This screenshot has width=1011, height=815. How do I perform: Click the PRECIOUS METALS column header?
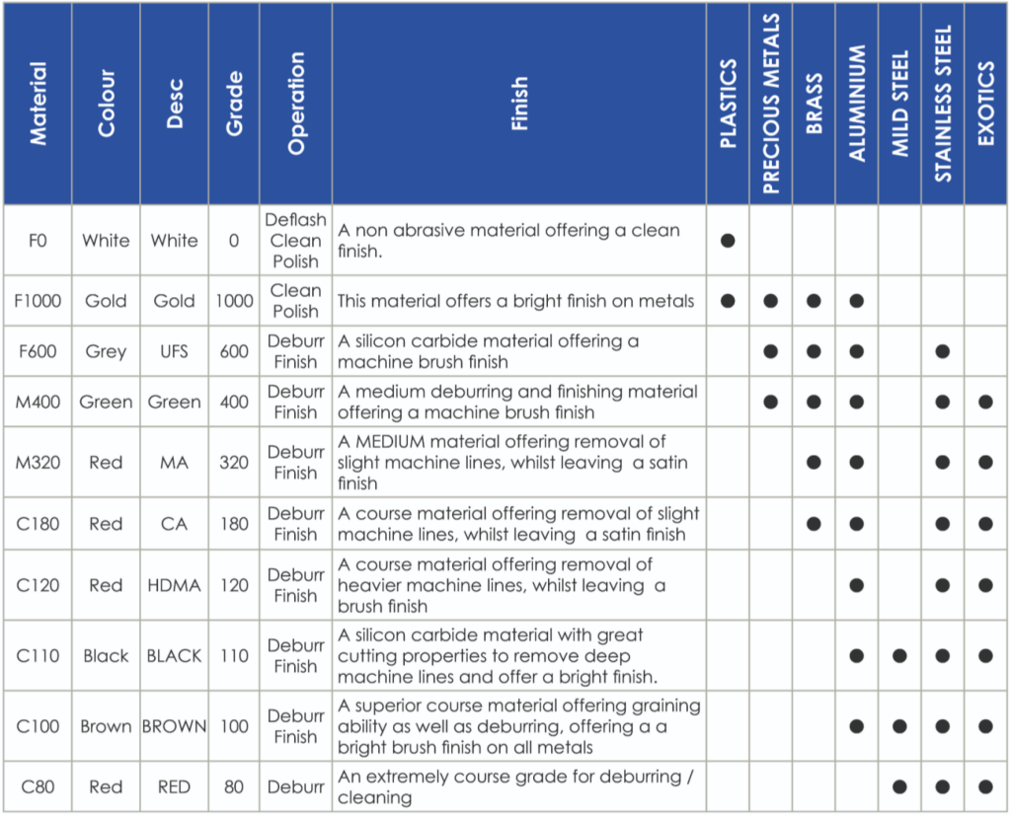pyautogui.click(x=771, y=104)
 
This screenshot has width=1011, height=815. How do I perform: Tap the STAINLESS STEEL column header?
pyautogui.click(x=943, y=104)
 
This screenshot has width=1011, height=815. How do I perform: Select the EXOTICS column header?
pyautogui.click(x=986, y=104)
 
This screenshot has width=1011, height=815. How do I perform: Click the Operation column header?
pyautogui.click(x=296, y=104)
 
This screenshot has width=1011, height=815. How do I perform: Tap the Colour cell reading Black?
pyautogui.click(x=106, y=656)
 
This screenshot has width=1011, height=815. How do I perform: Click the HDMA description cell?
pyautogui.click(x=174, y=585)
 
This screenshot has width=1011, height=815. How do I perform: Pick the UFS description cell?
pyautogui.click(x=174, y=351)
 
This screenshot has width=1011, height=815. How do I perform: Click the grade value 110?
pyautogui.click(x=234, y=656)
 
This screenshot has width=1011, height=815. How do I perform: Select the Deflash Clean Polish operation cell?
pyautogui.click(x=295, y=241)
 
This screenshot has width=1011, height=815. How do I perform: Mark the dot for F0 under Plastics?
pyautogui.click(x=728, y=241)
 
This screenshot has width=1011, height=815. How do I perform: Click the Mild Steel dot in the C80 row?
pyautogui.click(x=899, y=787)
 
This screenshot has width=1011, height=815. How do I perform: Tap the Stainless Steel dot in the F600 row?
pyautogui.click(x=943, y=351)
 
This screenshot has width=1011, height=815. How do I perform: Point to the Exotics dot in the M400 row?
pyautogui.click(x=986, y=402)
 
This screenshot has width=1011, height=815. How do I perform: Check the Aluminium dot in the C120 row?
pyautogui.click(x=857, y=585)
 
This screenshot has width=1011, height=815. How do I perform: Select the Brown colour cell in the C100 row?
pyautogui.click(x=106, y=726)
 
